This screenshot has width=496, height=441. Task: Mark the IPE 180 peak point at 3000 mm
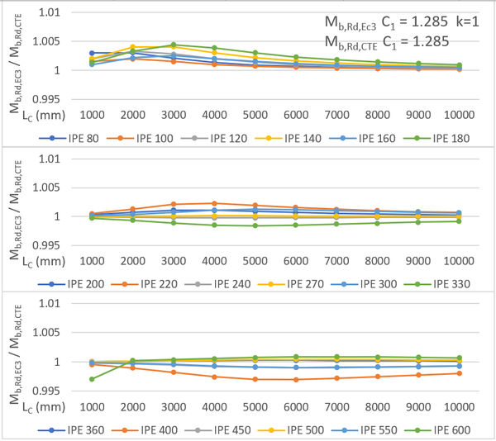click(x=173, y=45)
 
